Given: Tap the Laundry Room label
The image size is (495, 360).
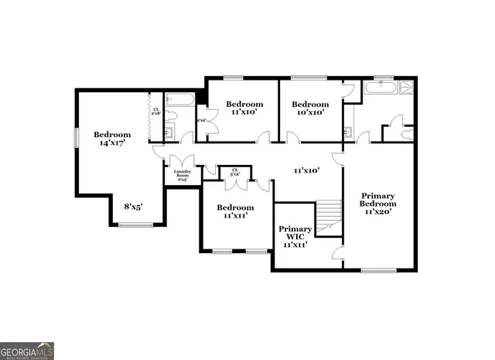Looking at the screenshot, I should tap(183, 175).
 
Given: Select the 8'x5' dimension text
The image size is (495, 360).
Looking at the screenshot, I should tap(133, 207).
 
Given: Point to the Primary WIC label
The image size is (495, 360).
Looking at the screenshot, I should tap(295, 236).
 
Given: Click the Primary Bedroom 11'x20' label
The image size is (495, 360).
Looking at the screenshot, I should tap(377, 203).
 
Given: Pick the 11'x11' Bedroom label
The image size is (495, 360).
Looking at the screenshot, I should tap(235, 212).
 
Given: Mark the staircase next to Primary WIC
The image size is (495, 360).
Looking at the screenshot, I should tap(329, 214).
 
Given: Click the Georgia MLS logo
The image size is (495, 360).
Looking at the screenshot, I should tap(27, 351).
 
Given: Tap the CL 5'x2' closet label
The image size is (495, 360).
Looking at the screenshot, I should tap(234, 173).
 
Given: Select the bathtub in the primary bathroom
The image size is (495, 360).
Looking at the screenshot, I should tap(381, 87).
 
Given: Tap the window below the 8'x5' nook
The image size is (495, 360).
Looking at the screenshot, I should tap(135, 225).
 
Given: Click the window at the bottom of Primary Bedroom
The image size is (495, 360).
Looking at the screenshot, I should tap(379, 270).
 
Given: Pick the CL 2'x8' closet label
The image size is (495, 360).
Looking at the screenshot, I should tap(156, 112).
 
